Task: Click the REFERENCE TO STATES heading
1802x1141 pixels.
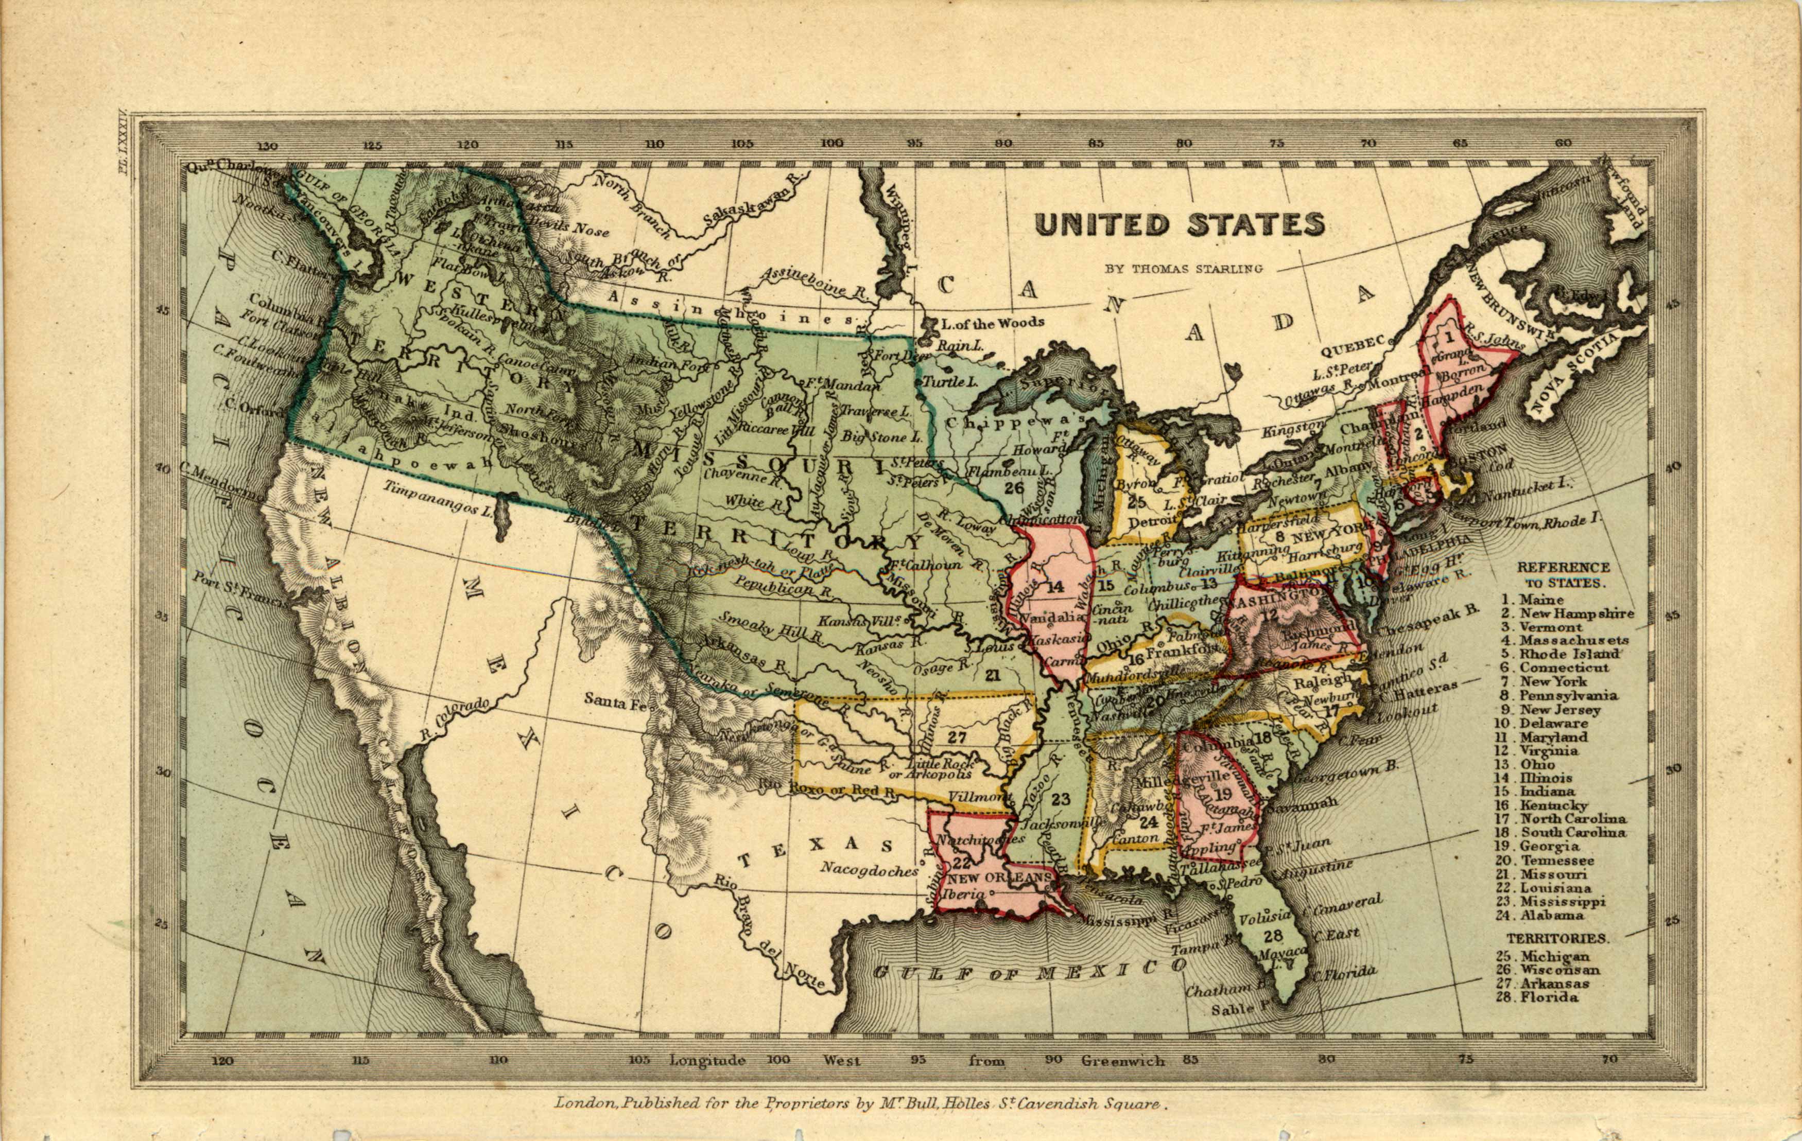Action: coord(1563,574)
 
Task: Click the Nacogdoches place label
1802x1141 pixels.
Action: coord(868,870)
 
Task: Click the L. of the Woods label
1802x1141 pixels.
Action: coord(992,323)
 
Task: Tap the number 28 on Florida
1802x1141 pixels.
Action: coord(1273,935)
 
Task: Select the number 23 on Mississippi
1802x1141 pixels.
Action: coord(1061,799)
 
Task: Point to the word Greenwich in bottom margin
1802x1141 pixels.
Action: coord(1122,1060)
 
